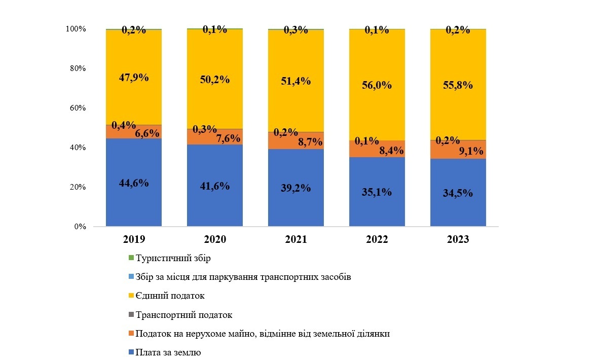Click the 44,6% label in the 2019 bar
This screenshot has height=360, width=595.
(134, 183)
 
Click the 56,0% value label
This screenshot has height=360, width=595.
(377, 85)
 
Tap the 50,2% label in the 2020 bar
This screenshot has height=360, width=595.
(215, 79)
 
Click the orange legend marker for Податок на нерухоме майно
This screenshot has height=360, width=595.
(131, 334)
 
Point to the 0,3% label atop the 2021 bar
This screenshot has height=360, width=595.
(296, 30)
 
